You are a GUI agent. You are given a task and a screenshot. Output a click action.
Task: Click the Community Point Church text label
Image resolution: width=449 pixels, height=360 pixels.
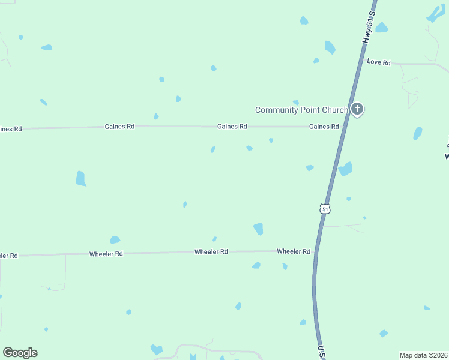coord(301,110)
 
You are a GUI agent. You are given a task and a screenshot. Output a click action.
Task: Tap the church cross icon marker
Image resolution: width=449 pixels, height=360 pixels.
coord(357,109)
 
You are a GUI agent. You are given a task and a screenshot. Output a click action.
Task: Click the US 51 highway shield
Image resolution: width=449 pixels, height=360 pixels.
coord(325,208)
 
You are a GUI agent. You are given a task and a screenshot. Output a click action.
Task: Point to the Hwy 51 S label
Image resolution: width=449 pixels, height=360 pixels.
coord(369,26)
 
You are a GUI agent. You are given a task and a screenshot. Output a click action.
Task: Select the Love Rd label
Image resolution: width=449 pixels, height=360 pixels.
coord(379,62)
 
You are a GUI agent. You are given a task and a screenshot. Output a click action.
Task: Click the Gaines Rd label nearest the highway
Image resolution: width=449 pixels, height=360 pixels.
coord(324,127)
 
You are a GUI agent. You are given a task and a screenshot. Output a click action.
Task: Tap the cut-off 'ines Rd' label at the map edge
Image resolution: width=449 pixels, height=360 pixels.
coord(11,129)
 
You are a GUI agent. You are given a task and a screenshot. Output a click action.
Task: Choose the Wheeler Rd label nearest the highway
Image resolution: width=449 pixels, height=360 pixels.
coord(294,251)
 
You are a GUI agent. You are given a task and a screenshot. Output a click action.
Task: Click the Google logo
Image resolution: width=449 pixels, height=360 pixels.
coord(20,353)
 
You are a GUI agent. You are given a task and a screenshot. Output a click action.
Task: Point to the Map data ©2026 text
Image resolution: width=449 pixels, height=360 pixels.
coord(423,355)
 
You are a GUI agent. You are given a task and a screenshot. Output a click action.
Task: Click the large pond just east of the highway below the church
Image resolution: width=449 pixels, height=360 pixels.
coord(345,169)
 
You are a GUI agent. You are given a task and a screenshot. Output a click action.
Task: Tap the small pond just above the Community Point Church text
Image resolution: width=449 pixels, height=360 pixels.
coord(295,103)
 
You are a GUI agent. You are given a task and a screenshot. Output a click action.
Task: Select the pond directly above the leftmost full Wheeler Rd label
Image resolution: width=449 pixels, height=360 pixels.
coord(115,240)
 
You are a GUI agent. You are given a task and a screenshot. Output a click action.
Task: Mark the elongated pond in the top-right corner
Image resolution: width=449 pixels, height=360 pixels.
coord(435,14)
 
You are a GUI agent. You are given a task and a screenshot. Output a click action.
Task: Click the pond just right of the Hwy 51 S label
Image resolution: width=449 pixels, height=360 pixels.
coord(381,28)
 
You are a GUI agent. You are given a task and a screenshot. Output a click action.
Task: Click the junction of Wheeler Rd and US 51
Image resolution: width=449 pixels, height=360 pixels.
coord(316,251)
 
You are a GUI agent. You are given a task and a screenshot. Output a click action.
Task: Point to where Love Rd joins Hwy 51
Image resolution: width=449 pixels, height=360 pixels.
coord(360,62)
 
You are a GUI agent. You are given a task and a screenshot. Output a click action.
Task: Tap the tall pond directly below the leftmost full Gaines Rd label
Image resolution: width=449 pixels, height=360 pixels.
coord(81,178)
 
